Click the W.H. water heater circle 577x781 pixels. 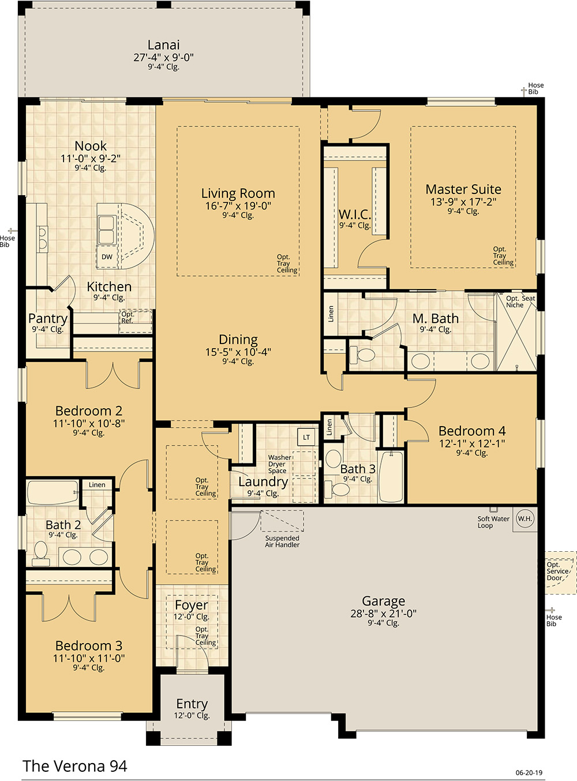[525, 518]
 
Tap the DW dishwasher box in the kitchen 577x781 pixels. [107, 257]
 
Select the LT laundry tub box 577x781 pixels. [306, 438]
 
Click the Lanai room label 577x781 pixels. [163, 45]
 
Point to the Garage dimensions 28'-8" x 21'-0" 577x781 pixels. [383, 613]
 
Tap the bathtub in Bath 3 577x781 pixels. [391, 476]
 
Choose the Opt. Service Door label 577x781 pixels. [557, 571]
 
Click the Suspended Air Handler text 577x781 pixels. [282, 541]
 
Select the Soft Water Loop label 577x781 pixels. [493, 522]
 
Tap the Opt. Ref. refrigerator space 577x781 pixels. [135, 321]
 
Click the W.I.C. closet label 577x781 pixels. [355, 214]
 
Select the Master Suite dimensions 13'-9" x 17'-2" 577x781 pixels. [463, 202]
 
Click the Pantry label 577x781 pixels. [48, 318]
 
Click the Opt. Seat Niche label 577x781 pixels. [520, 301]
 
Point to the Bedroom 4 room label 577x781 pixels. [472, 431]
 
